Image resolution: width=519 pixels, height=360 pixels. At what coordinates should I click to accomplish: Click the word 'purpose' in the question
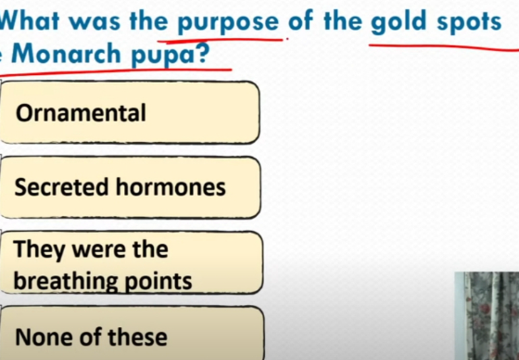point(228,22)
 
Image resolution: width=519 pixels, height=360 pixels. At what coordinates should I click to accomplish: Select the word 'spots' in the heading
point(468,22)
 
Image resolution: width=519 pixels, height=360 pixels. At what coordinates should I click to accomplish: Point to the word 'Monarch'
point(66,53)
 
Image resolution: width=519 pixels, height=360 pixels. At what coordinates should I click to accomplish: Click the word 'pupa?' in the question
point(170,55)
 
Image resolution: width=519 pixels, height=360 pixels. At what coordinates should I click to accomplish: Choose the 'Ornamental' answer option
point(129,113)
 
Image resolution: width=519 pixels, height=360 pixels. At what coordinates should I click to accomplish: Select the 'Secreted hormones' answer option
point(130,187)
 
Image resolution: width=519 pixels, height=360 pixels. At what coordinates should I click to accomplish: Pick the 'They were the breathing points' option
point(131,263)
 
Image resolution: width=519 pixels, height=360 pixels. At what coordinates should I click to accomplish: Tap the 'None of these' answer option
point(131,333)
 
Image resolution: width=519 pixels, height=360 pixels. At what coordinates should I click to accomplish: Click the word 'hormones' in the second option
point(171,187)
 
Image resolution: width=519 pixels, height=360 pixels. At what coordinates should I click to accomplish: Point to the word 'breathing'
point(65,282)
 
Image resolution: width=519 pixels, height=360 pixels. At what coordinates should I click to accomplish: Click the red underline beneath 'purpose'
point(220,40)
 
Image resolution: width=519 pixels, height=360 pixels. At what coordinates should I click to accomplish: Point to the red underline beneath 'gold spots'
point(444,47)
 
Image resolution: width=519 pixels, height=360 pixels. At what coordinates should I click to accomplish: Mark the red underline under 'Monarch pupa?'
point(116,72)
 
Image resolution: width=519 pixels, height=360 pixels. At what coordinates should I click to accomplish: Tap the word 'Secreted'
point(61,187)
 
